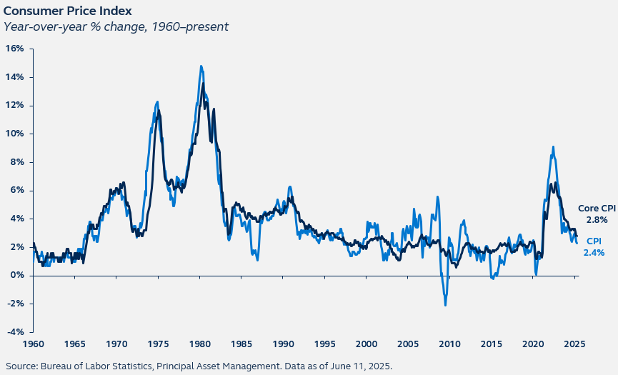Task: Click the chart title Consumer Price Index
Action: [66, 11]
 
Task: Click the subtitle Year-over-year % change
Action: [116, 27]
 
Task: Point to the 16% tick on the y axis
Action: [15, 49]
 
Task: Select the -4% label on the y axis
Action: [14, 332]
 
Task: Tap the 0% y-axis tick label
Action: [17, 276]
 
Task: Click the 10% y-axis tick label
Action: [15, 134]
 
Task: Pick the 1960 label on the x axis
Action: [34, 344]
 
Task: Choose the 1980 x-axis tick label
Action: [200, 344]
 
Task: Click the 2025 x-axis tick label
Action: [574, 344]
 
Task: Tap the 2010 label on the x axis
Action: [450, 344]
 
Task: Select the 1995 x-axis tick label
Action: [325, 344]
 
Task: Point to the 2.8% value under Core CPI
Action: [596, 220]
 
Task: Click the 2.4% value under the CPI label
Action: [594, 252]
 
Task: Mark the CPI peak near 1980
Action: [201, 66]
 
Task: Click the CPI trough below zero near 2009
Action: [446, 305]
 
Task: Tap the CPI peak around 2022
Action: [553, 147]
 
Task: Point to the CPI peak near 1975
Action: [157, 102]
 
